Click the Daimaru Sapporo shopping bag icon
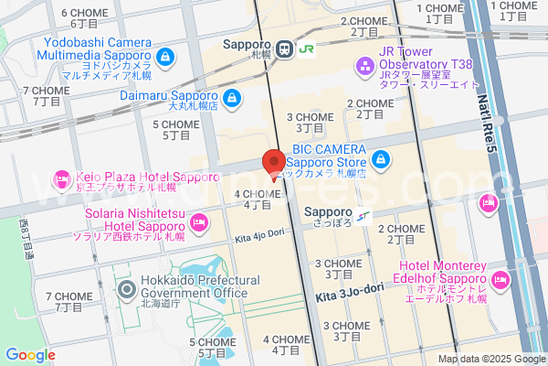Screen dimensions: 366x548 [x=233, y=97]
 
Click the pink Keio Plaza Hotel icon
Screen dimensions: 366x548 [x=62, y=178]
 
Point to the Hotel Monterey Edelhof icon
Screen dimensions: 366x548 [x=501, y=277]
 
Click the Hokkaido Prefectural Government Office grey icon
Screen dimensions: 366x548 [x=126, y=291]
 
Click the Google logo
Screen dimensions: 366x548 [x=30, y=355]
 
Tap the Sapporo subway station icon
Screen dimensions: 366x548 [x=364, y=216]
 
